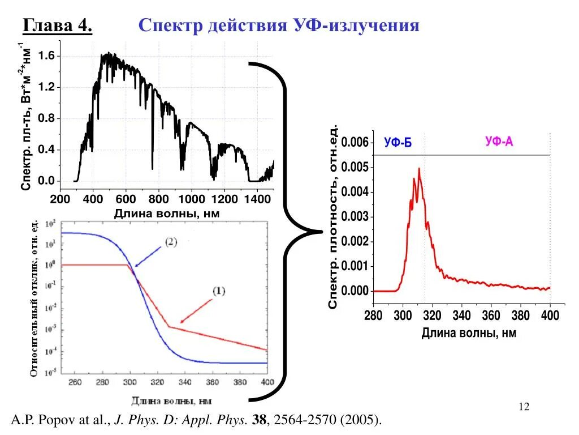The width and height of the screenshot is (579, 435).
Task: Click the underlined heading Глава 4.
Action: (x=57, y=25)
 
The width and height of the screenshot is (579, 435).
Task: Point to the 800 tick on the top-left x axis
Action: (x=158, y=199)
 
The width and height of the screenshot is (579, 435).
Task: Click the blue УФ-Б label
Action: (x=398, y=143)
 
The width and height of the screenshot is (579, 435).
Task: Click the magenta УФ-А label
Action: (x=499, y=142)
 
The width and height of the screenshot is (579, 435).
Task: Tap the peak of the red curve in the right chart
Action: (x=419, y=168)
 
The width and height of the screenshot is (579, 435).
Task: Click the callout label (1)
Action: (x=219, y=291)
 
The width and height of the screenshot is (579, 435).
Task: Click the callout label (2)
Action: (x=171, y=242)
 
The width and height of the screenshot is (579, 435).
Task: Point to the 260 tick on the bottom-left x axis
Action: (x=75, y=382)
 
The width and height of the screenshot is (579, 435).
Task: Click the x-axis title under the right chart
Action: (x=469, y=333)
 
